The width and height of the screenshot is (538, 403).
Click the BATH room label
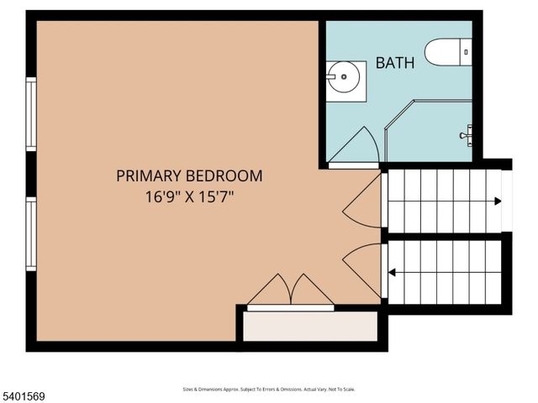394,63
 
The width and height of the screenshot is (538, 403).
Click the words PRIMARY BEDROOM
189,176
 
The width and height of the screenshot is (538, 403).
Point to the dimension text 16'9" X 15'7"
189,198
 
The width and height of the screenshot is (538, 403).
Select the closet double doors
290,291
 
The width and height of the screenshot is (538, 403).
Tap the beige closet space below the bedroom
309,326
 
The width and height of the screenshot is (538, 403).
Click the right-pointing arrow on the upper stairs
498,201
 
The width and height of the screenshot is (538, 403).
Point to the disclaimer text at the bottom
269,390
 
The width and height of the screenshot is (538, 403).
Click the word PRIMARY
148,176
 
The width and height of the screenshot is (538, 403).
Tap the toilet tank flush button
467,52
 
